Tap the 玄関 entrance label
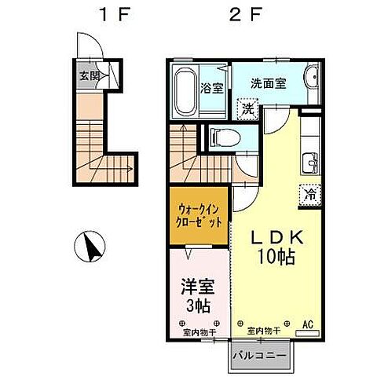[x=89, y=76]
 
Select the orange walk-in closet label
[x=199, y=215]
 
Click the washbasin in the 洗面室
[x=309, y=79]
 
